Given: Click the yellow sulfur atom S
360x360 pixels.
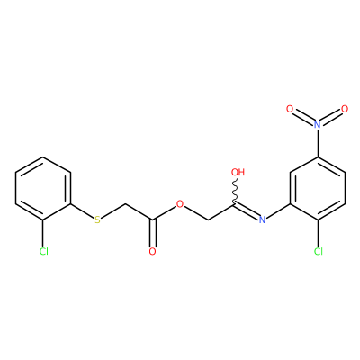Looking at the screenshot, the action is click(x=97, y=220).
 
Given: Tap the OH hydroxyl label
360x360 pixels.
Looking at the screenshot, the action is click(x=238, y=172).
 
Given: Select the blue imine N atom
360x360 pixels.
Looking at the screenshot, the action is click(x=262, y=220).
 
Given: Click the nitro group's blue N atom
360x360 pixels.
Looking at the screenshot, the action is click(x=318, y=124).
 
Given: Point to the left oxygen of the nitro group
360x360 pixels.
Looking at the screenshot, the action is click(x=290, y=109).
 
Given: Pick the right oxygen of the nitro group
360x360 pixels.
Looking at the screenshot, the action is click(x=345, y=109).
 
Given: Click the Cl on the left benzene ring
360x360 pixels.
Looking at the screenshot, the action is click(x=44, y=251).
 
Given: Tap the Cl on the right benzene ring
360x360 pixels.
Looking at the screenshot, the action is click(x=319, y=251).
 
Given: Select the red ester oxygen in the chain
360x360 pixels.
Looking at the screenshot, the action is click(x=180, y=204).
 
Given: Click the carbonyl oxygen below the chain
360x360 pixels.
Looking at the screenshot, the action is click(x=153, y=251).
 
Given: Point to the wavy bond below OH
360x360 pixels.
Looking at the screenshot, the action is click(x=236, y=192).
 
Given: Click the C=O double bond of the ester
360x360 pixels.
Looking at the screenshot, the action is click(x=153, y=233).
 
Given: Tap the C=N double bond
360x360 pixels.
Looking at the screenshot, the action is click(x=246, y=211).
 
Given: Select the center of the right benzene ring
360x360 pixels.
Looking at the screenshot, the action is click(x=318, y=189).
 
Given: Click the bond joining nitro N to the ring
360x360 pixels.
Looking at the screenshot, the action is click(x=318, y=143).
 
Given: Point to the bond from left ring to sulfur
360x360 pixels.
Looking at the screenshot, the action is click(x=83, y=211).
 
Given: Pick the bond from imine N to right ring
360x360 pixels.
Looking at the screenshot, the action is click(x=278, y=211).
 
